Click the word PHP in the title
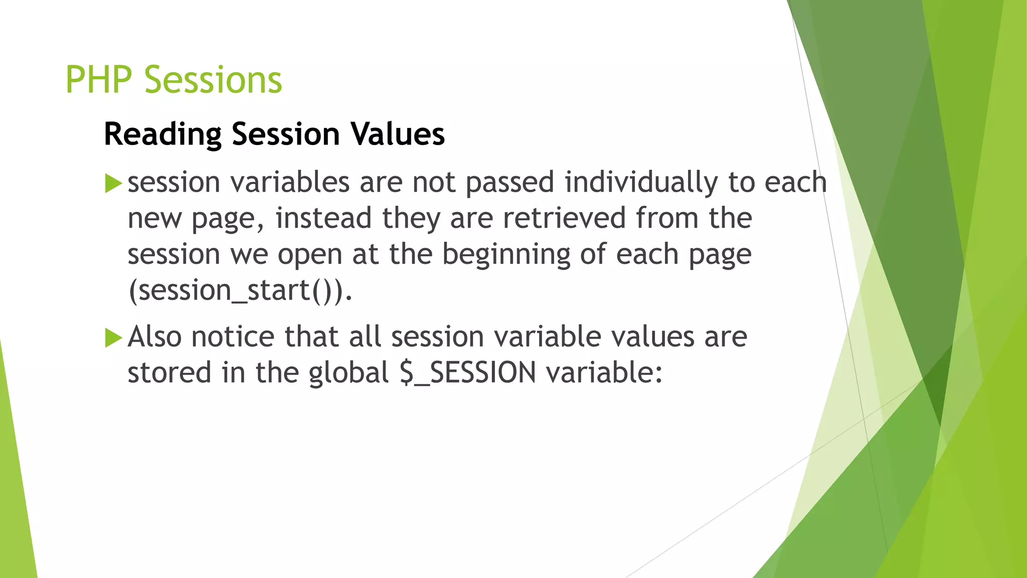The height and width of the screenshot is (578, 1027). click(99, 80)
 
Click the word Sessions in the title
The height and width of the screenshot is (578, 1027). click(213, 80)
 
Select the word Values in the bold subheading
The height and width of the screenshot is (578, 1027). click(397, 134)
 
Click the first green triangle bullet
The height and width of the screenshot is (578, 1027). click(113, 183)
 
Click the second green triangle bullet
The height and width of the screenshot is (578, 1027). click(113, 338)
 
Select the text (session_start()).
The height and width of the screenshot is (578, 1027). click(240, 291)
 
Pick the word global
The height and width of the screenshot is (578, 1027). click(349, 373)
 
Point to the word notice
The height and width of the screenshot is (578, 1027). click(233, 337)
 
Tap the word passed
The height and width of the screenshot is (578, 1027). click(509, 183)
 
